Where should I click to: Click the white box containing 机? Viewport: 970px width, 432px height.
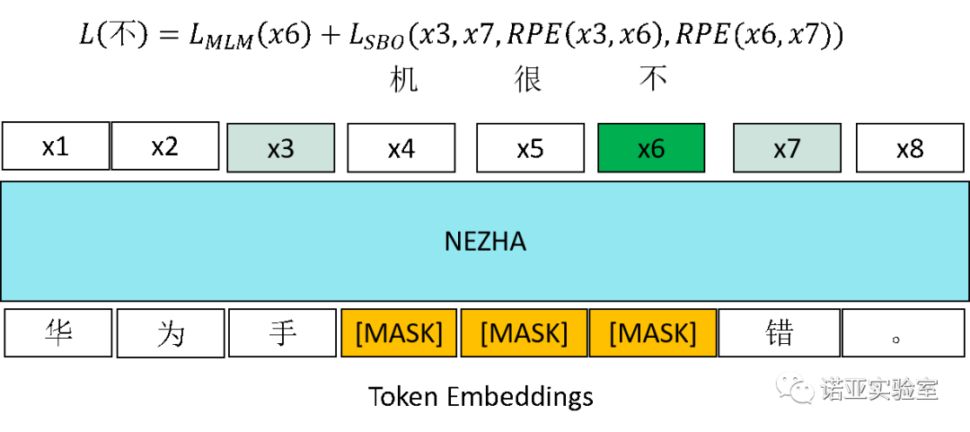[x=404, y=79]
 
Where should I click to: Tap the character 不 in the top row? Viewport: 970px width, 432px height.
[x=653, y=79]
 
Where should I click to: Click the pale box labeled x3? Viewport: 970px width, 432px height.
[x=281, y=148]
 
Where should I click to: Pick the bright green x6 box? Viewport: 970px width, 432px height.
[x=651, y=148]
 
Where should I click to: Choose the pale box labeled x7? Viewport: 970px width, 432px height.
[x=787, y=148]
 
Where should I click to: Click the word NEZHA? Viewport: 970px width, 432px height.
[x=485, y=242]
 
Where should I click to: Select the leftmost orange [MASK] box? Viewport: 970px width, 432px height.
[x=399, y=333]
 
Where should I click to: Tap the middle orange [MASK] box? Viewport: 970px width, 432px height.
[x=524, y=333]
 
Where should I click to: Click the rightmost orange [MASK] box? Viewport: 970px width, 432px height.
[x=653, y=333]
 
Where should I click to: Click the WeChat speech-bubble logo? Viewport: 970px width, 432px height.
[x=795, y=387]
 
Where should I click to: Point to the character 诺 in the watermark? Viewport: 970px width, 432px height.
[x=831, y=389]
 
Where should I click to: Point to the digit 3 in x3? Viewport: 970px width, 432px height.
[x=287, y=148]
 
